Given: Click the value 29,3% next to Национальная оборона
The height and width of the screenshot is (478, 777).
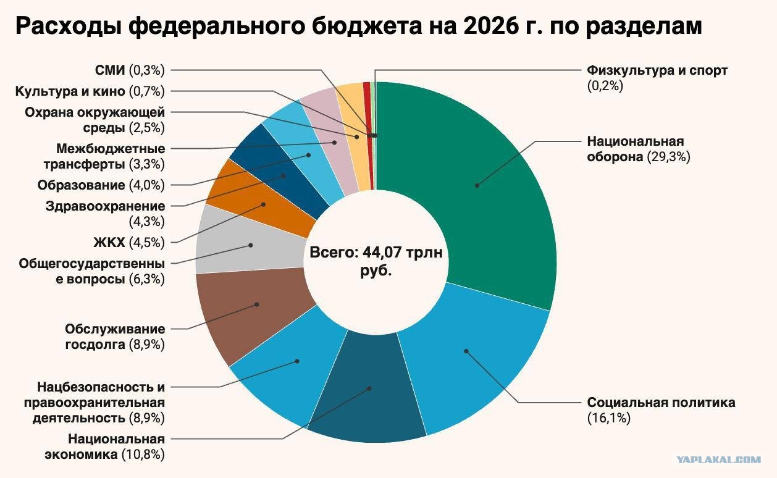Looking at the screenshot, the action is (x=669, y=157).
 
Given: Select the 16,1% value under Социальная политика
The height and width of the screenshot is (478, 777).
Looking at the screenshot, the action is (x=609, y=418).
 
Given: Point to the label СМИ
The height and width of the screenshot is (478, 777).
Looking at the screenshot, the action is (x=109, y=70).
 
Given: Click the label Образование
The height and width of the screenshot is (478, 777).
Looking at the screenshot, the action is (x=81, y=185).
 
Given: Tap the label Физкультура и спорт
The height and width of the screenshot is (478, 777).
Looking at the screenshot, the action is (x=657, y=70).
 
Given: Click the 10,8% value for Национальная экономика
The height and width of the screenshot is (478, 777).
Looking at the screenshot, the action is (x=143, y=455).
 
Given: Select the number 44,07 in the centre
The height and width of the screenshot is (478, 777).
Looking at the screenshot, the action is (x=382, y=253).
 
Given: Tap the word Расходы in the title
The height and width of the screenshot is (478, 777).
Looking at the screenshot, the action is (x=69, y=27).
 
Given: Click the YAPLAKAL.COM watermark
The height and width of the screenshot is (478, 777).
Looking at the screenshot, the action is (x=718, y=460).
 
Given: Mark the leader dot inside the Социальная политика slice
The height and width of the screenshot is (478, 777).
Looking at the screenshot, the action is (x=466, y=351).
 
